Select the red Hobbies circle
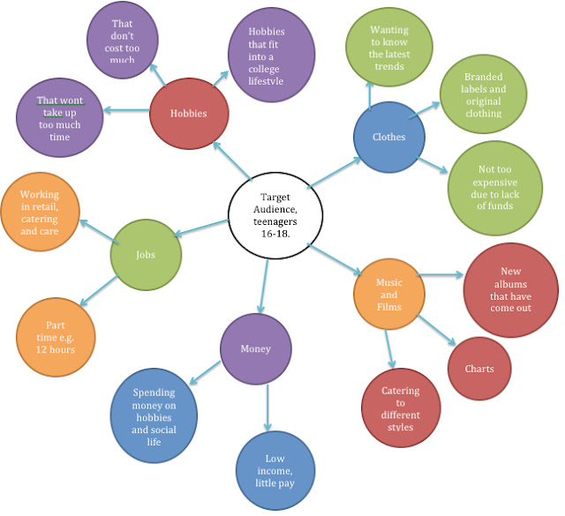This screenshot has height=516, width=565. tap(188, 113)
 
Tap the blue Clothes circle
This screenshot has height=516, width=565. tap(389, 137)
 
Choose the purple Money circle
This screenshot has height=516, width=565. tap(256, 348)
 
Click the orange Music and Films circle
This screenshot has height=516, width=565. tap(389, 295)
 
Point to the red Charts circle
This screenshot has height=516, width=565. tap(479, 369)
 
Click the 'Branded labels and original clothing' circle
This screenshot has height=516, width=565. tap(482, 95)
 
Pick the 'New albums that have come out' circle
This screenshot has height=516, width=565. tap(510, 289)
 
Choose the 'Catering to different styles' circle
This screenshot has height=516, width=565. tap(400, 408)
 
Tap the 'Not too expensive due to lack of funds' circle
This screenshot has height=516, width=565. tap(493, 187)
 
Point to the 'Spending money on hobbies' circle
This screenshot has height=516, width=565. tap(154, 411)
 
